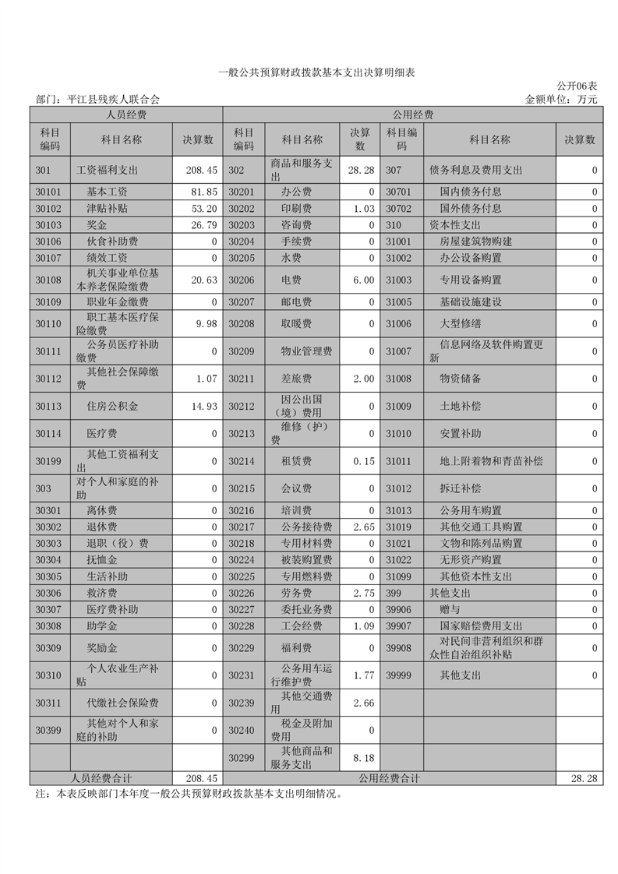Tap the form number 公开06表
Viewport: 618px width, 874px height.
(577, 85)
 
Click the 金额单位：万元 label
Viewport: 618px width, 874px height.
(561, 100)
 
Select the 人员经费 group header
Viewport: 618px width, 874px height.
(126, 115)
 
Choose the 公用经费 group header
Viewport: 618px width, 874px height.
(412, 115)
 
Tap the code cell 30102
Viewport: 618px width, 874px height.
(49, 209)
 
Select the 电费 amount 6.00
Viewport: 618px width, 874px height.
(363, 280)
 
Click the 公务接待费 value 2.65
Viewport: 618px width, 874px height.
(363, 527)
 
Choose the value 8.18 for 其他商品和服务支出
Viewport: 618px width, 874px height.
(363, 758)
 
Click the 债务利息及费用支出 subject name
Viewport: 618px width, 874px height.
(475, 171)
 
